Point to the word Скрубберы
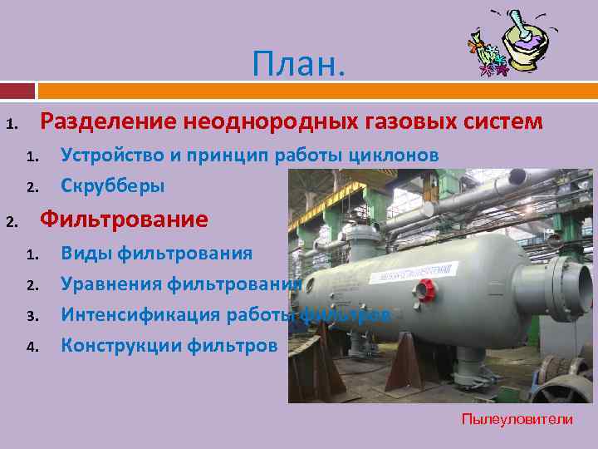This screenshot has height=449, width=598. tap(113, 186)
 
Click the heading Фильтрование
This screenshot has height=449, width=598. tap(125, 220)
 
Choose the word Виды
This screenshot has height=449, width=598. tap(86, 253)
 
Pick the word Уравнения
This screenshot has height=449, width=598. tap(111, 284)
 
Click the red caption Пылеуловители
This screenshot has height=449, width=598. tap(517, 419)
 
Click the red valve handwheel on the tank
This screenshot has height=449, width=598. tap(426, 290)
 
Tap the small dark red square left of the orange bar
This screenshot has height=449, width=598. tap(17, 90)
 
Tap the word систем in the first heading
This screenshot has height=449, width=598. tap(507, 122)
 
